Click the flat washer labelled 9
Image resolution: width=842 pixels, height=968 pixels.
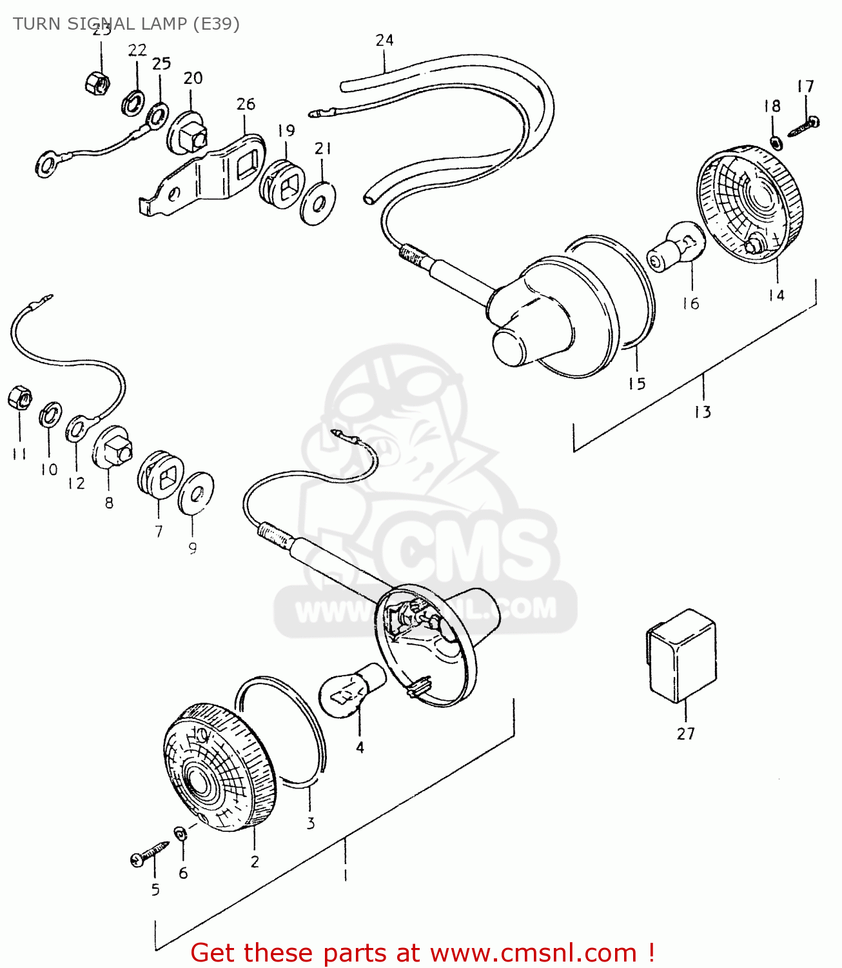196,492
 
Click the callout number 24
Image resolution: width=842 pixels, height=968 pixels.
385,40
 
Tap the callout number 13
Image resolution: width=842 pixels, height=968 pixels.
703,412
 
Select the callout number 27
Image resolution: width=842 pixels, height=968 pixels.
686,734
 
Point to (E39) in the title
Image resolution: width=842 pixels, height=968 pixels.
216,24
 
